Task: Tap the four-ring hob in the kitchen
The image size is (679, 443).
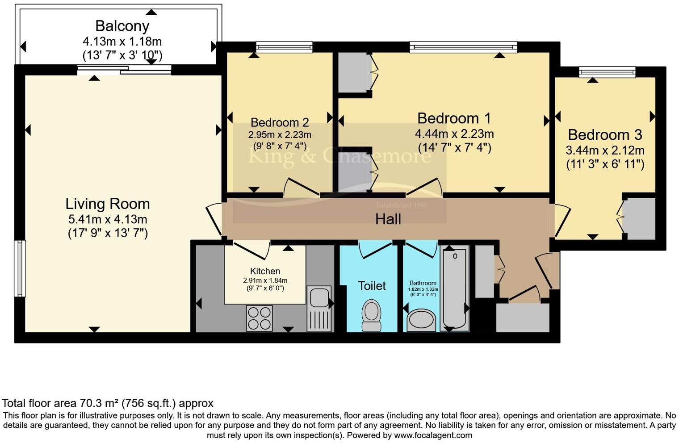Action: point(259,318)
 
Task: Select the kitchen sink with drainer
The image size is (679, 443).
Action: point(319,309)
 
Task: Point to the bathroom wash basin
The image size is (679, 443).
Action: point(421,320)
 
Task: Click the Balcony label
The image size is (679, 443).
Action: point(122,26)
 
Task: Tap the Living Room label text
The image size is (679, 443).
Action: point(108,204)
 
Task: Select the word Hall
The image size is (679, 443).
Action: point(388,219)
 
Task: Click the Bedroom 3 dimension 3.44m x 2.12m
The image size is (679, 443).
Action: point(605,150)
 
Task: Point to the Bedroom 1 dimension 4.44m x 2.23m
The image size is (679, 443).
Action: point(454,134)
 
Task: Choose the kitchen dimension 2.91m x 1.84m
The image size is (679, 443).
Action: point(265,280)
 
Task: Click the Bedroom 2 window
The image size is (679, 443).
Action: point(284,47)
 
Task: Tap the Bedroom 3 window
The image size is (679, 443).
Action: point(607,72)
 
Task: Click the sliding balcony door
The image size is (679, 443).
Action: point(124,70)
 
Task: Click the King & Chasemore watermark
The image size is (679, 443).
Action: point(339,156)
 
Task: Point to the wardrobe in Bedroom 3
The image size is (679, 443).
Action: point(639,219)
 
